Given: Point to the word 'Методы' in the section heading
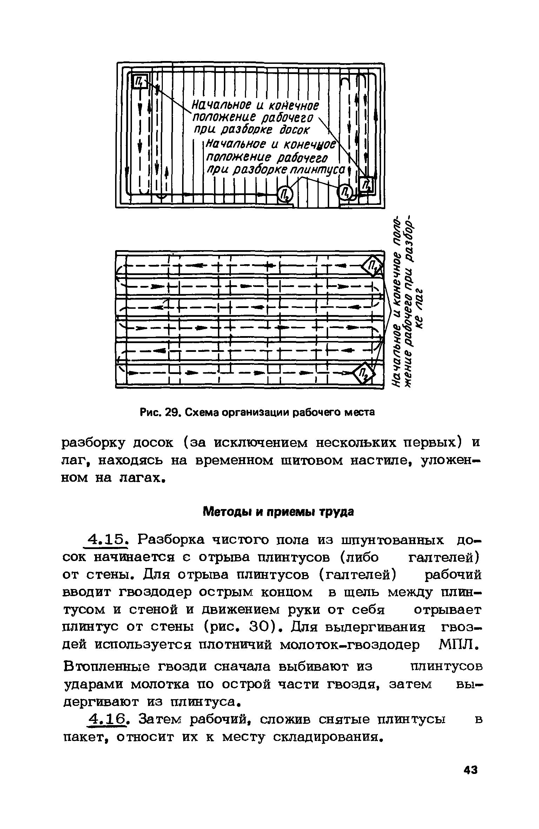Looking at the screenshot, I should point(227,513).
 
